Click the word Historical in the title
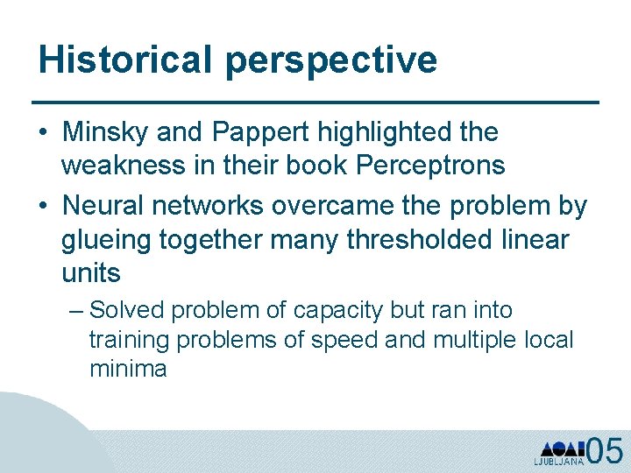point(125,60)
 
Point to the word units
point(91,274)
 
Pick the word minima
point(128,369)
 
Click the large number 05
point(605,449)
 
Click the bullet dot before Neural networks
point(43,207)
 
